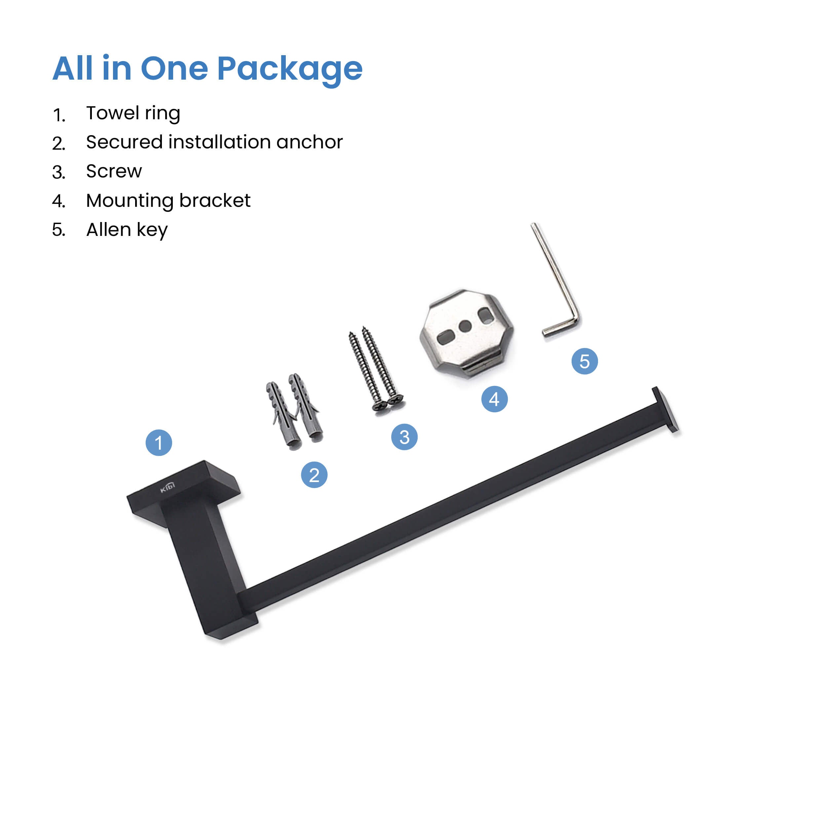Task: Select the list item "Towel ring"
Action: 133,114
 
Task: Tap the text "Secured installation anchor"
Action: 214,142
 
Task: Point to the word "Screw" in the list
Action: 114,171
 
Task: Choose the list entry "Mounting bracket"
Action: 168,201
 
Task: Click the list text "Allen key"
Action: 127,230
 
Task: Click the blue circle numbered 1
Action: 159,442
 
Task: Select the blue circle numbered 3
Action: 404,437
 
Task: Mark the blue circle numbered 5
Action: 585,361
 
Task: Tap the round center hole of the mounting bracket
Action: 465,327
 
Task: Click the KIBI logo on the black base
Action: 168,487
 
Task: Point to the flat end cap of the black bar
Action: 665,410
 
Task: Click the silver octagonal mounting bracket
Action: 467,333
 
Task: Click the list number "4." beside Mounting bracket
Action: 58,201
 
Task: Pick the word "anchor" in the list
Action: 310,142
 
